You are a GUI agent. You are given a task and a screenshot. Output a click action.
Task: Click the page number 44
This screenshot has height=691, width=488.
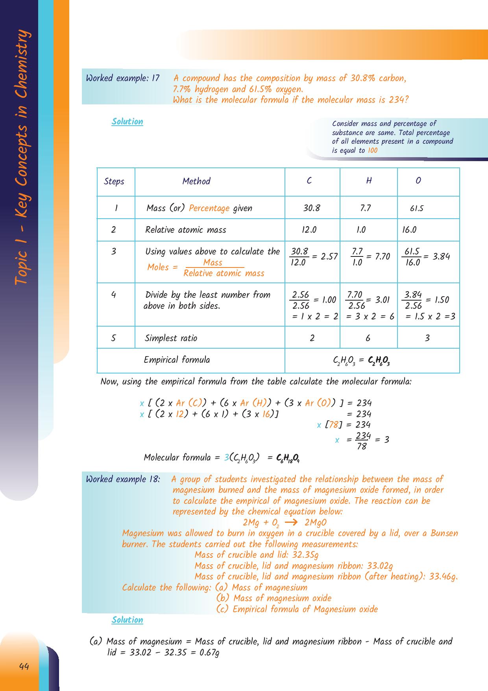click(x=24, y=667)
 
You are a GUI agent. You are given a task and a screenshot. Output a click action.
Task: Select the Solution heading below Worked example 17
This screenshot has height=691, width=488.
click(x=127, y=122)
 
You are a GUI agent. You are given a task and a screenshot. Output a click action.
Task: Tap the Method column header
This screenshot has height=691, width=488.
click(x=196, y=181)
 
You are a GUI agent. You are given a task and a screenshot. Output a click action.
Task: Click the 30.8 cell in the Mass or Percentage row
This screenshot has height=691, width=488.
click(x=311, y=208)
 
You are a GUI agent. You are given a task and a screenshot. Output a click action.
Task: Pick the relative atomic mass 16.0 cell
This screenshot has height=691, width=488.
click(x=409, y=230)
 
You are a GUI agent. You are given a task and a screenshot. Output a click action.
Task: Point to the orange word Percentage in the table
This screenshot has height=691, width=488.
click(x=209, y=208)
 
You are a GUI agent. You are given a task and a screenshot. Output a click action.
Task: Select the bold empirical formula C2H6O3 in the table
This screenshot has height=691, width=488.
click(x=379, y=360)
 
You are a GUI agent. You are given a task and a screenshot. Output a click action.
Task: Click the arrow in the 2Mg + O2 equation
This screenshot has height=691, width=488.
click(x=291, y=523)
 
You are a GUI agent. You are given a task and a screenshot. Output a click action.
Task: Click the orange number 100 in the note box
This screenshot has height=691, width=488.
click(x=372, y=150)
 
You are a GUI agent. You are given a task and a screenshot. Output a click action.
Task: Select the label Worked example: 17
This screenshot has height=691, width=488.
click(x=122, y=78)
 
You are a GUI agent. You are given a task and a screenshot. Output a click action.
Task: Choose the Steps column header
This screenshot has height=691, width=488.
click(x=114, y=181)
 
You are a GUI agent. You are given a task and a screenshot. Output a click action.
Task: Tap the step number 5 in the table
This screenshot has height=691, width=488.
click(x=113, y=338)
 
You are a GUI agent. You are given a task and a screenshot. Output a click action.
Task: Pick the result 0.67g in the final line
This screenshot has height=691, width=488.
click(x=209, y=652)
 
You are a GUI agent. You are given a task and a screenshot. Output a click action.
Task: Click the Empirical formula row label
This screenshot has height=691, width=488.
click(x=177, y=360)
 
